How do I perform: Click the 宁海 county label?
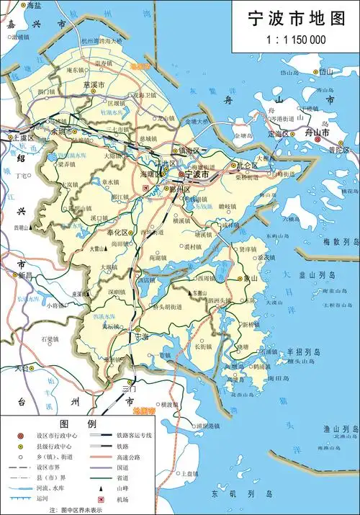[x=141, y=336]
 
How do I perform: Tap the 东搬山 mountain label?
[x=201, y=292]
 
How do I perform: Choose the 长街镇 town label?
[x=203, y=346]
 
